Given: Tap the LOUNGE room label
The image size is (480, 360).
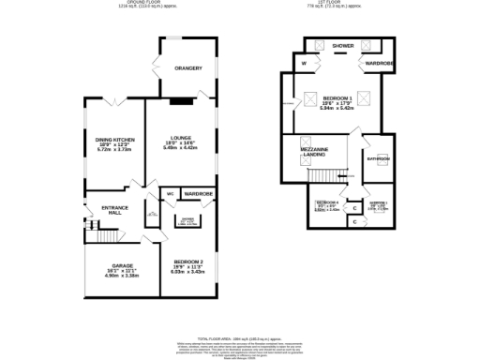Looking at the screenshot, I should [x=181, y=136].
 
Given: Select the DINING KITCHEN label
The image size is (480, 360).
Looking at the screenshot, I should [x=114, y=140].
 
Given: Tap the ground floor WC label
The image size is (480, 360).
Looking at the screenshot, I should [x=170, y=194].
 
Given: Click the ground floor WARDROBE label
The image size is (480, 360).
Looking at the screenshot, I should [x=198, y=194].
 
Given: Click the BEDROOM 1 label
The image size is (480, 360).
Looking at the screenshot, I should [x=337, y=97].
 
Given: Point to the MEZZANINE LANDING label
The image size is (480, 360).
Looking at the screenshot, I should [x=314, y=152].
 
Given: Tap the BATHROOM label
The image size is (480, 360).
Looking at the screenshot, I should [x=378, y=159].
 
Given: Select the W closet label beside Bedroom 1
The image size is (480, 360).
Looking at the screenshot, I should [x=305, y=64].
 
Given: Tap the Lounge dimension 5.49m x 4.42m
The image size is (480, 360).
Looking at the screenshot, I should [x=181, y=147].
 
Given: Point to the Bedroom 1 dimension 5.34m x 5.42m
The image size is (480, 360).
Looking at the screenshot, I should [x=337, y=109].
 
